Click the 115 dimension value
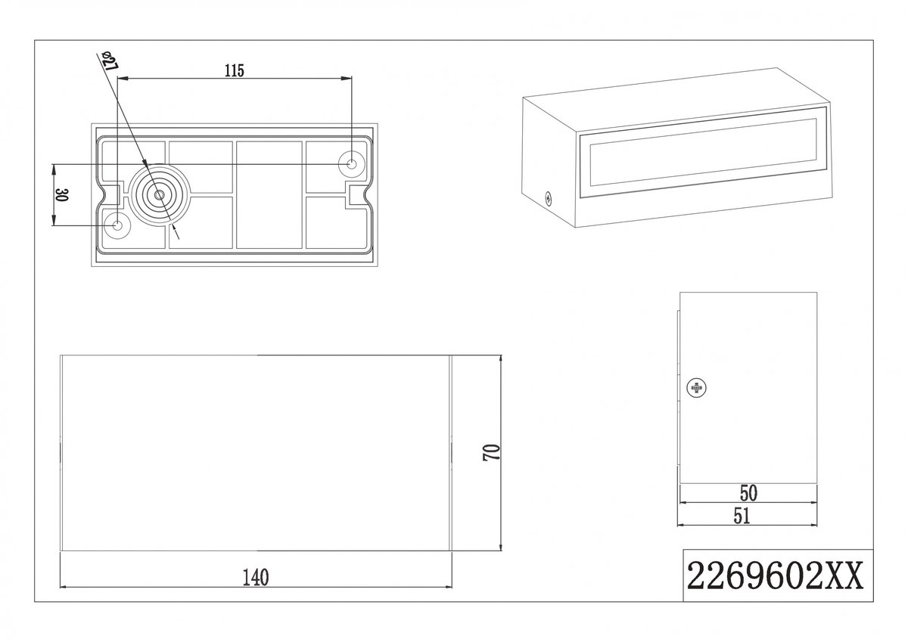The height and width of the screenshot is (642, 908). pos(235,70)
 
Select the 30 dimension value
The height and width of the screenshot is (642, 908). pos(61,195)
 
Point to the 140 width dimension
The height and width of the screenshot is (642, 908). pos(256,578)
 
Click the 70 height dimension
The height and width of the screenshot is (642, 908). pos(491,452)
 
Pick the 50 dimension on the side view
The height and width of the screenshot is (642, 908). pos(748,493)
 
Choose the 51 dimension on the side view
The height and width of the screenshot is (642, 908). pos(742,516)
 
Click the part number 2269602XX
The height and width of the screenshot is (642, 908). pos(775,575)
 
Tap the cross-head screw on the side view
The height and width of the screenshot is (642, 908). pos(696,388)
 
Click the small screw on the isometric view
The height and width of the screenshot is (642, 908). pos(548,198)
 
